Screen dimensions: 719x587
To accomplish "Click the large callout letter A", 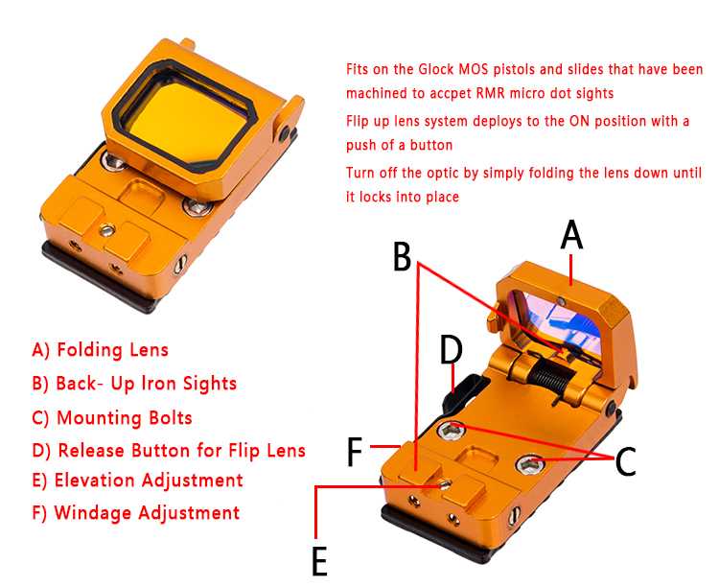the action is coord(571,235).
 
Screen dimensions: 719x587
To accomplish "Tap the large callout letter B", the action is coord(402,256).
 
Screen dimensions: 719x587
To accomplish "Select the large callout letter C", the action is coord(625,460).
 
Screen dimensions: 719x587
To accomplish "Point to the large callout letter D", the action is coord(452,350).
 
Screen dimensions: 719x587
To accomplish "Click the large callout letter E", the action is coord(319,561).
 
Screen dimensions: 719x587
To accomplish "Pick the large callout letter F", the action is coord(355,452).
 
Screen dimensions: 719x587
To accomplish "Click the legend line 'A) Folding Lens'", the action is coord(101,350).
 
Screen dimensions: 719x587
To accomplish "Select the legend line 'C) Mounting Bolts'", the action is coord(112,417).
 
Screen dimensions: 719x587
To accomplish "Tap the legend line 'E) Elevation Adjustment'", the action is coord(137,481).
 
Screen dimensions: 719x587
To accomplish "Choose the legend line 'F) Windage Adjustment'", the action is coord(136,512).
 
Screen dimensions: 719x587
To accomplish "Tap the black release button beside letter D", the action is coord(460,391).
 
